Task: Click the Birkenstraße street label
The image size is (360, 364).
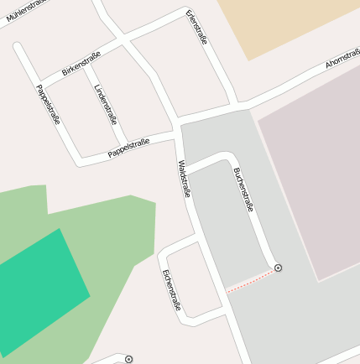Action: click(x=81, y=64)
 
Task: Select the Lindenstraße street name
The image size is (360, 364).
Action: click(x=106, y=104)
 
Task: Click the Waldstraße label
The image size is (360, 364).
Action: click(x=185, y=178)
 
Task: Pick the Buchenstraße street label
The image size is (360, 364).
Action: click(x=243, y=190)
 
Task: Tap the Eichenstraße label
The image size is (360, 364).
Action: click(x=171, y=289)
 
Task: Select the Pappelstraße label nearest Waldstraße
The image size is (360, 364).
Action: click(x=128, y=148)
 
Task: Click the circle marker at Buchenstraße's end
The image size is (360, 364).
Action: click(x=278, y=268)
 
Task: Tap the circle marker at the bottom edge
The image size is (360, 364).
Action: click(x=128, y=359)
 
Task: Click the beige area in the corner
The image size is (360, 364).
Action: click(x=285, y=25)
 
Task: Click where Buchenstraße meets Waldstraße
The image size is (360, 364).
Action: click(x=186, y=171)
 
